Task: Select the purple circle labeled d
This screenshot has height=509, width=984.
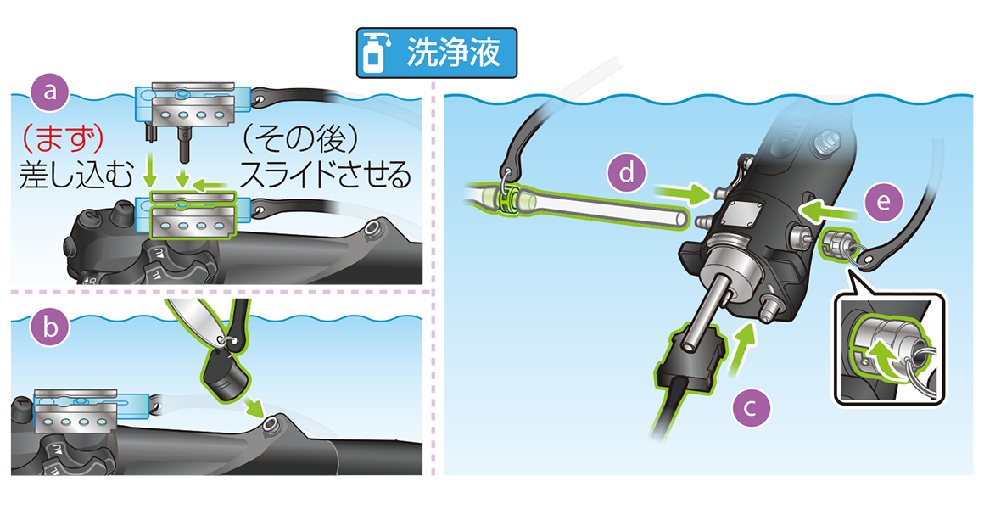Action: point(627,173)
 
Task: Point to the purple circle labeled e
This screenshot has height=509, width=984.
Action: point(882,202)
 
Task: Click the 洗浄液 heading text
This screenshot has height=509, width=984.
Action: point(453,53)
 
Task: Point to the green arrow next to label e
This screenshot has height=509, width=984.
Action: point(829,210)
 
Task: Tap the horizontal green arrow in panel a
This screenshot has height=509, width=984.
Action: point(210,185)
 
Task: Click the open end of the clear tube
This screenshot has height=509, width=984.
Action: point(683,220)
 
